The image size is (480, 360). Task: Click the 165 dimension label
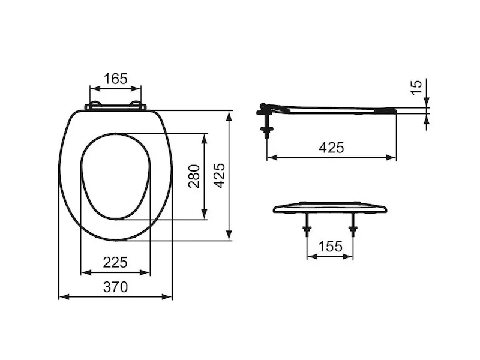point(115,79)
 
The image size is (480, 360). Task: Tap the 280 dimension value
point(194,176)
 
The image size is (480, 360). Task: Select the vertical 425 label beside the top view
point(219,176)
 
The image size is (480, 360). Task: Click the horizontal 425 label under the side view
point(331,148)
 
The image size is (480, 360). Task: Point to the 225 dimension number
point(115,262)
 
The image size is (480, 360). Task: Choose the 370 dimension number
point(115,287)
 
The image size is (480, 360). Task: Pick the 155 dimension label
point(331,246)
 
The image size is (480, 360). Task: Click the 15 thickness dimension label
point(416,87)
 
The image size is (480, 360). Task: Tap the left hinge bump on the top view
point(95,103)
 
